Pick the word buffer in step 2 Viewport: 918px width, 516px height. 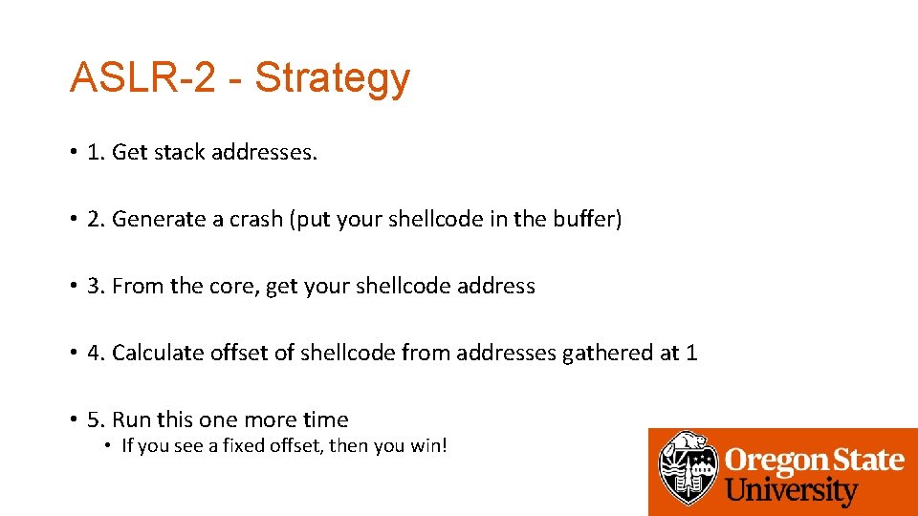click(586, 219)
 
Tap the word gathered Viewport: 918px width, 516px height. click(607, 353)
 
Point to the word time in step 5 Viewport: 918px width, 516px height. click(325, 419)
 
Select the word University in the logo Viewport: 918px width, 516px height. click(792, 491)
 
